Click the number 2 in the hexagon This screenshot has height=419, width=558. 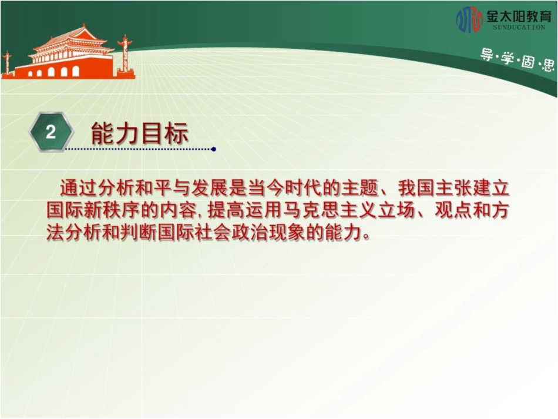tap(51, 132)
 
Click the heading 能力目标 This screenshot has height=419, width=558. tap(140, 133)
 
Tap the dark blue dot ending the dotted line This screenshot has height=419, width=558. tap(214, 149)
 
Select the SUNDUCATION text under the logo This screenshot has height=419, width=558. tap(519, 27)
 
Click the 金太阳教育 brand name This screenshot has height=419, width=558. tap(519, 16)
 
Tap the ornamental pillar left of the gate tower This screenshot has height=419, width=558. tap(7, 64)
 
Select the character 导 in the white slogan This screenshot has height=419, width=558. tap(486, 55)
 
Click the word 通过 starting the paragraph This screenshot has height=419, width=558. tap(79, 188)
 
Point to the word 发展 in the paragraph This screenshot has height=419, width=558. tap(210, 188)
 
